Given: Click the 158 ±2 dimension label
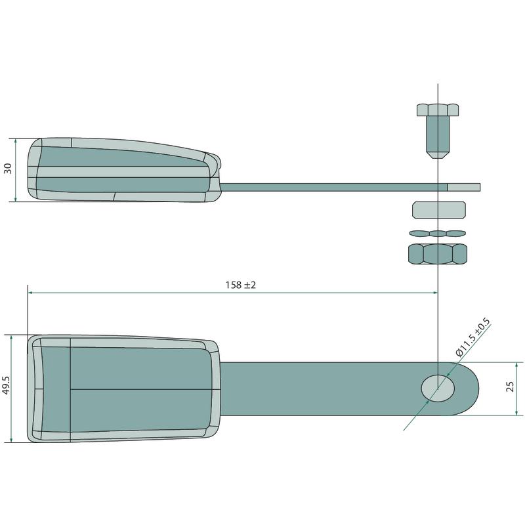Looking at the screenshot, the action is click(240, 285).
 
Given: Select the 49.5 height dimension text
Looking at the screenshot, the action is click(7, 385).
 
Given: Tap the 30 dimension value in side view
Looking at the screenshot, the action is click(8, 168).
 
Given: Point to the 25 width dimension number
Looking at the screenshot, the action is click(511, 387).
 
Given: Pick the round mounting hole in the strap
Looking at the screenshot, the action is click(438, 388).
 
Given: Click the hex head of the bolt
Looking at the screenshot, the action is click(438, 110).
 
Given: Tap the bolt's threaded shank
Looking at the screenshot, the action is click(438, 135).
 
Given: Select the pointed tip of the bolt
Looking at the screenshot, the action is click(438, 156).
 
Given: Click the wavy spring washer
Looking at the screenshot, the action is click(438, 233).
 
